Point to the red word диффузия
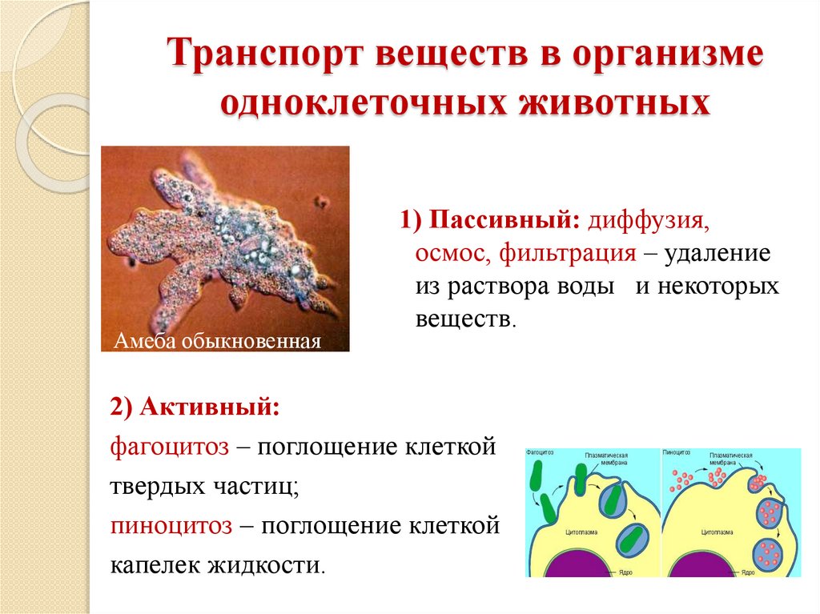coord(648,219)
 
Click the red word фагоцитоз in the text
coord(170,447)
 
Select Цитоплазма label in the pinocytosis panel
coord(718,531)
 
